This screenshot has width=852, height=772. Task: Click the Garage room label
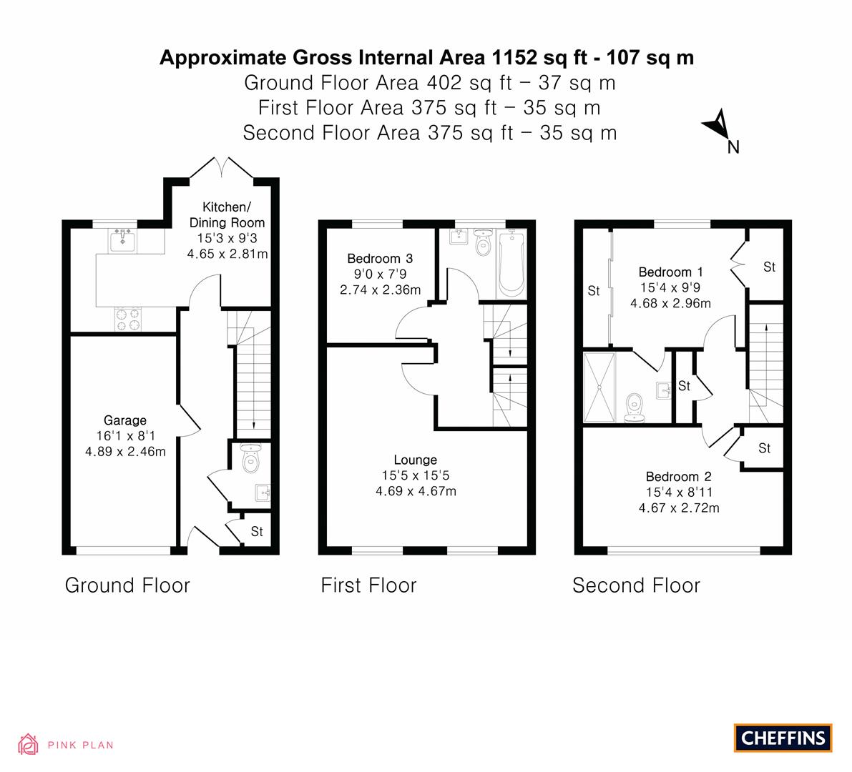click(125, 420)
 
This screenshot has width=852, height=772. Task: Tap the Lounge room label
click(415, 460)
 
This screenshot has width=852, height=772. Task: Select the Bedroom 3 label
click(380, 259)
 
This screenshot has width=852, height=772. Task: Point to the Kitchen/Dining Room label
click(227, 214)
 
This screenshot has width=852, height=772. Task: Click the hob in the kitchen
click(127, 320)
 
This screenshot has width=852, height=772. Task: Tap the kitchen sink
click(123, 240)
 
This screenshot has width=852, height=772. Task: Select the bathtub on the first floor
click(511, 264)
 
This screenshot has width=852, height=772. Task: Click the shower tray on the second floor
click(599, 387)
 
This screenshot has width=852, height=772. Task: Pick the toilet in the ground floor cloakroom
click(250, 459)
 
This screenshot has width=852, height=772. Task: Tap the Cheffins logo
click(783, 738)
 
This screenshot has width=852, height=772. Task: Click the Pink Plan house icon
click(28, 744)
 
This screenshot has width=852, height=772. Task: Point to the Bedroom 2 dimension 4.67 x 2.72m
click(679, 508)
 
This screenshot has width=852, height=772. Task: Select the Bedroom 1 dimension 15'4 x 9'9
click(670, 288)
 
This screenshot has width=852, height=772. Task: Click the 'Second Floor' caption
click(636, 585)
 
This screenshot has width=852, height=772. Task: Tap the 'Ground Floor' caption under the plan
click(127, 585)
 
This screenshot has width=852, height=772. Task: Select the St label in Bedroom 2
click(765, 448)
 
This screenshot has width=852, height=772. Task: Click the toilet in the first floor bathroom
click(482, 242)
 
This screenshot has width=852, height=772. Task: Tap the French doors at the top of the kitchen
click(222, 167)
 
